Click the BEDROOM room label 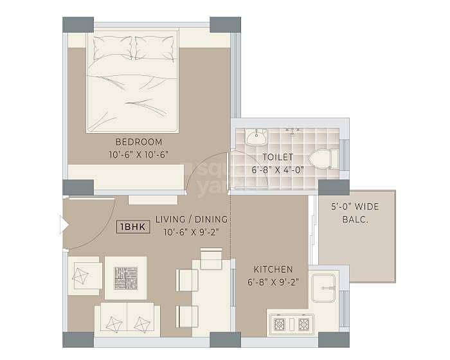(139, 141)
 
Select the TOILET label (278, 157)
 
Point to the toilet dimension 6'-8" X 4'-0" (278, 170)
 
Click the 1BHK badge (133, 227)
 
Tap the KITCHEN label (273, 269)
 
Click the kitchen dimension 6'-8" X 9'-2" (273, 282)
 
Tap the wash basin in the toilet (256, 136)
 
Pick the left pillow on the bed (111, 47)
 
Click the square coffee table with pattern (125, 278)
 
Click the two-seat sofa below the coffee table (127, 319)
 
